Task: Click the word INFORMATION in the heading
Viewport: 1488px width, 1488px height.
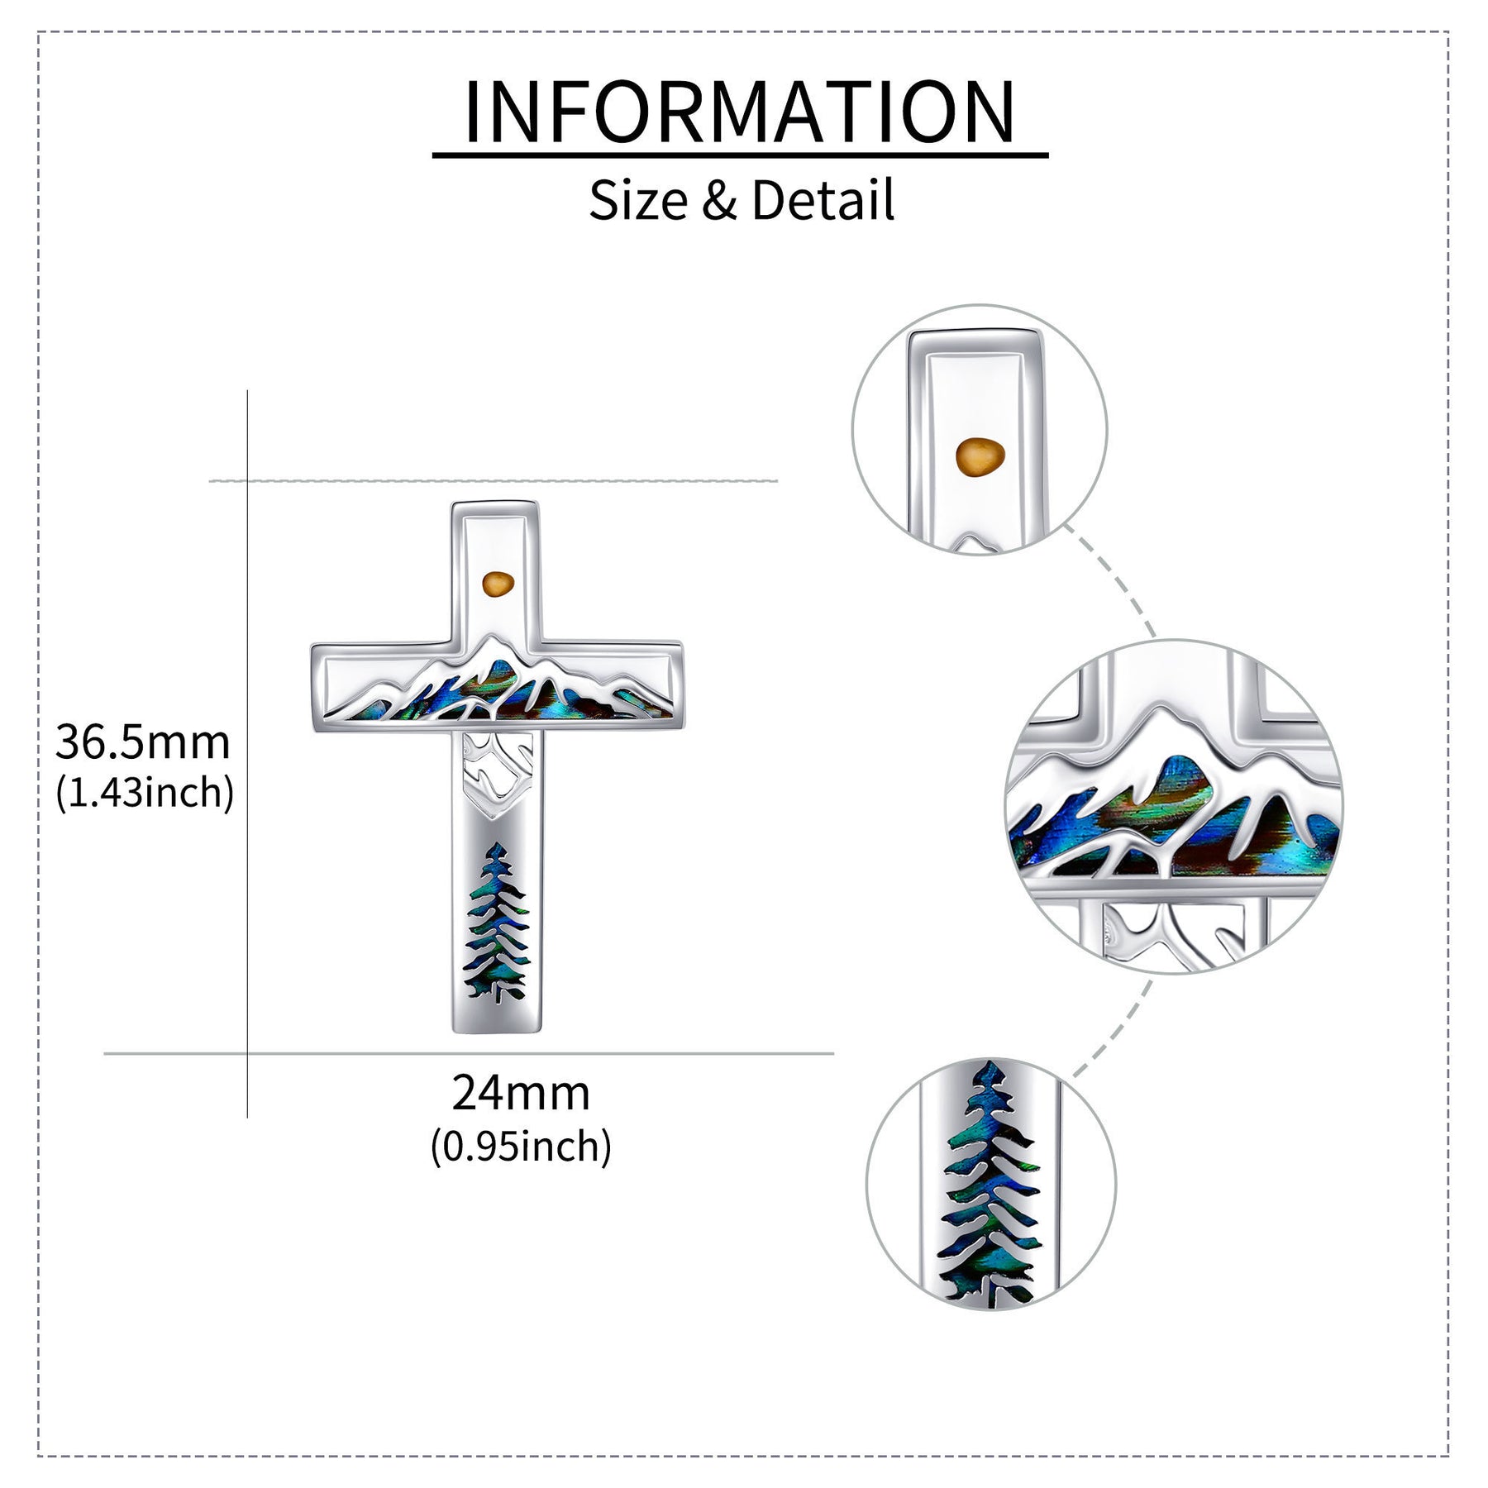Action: tap(740, 111)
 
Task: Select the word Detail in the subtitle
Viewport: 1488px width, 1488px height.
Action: tap(823, 200)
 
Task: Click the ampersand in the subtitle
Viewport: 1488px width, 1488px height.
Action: tap(719, 201)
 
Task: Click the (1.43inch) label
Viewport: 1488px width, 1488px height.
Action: tap(145, 793)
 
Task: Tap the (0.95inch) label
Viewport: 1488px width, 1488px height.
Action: tap(521, 1146)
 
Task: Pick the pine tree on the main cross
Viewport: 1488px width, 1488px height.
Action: tap(498, 923)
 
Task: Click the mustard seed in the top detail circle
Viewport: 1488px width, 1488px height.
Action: tap(980, 457)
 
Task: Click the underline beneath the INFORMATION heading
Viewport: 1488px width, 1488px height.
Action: tap(740, 154)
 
